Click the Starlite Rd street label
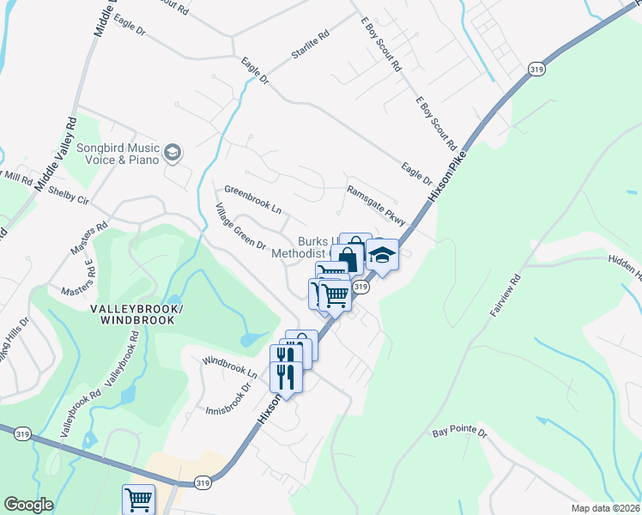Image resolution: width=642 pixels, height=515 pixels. pos(310,46)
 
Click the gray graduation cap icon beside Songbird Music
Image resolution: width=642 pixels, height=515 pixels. pos(173,153)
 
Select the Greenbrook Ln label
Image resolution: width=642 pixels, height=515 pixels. pos(252,199)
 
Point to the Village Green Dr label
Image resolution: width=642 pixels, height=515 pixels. pos(241,227)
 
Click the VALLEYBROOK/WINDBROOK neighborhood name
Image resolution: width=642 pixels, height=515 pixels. pos(137,314)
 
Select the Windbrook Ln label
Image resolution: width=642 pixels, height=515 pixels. pos(229,367)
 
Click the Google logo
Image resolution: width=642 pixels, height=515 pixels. pos(28,505)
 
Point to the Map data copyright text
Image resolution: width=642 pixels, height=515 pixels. pos(606,507)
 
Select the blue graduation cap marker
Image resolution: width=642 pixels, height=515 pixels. pos(382,255)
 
